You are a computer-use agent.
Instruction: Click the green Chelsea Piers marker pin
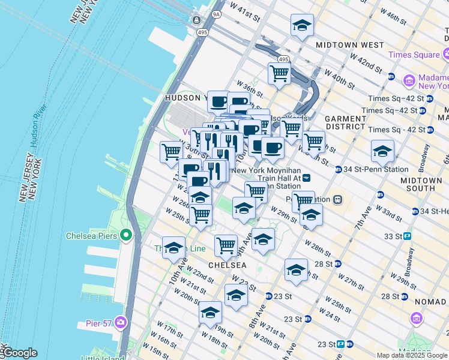[x=125, y=235]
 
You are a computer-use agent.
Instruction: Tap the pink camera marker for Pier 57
[x=121, y=323]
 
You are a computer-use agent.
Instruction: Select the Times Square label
[x=414, y=55]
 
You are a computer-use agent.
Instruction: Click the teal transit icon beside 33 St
[x=407, y=236]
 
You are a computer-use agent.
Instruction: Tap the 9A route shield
[x=216, y=13]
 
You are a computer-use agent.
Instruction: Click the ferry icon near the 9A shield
[x=197, y=20]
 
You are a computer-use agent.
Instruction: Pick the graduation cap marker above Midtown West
[x=302, y=26]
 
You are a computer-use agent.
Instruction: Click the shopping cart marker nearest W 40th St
[x=279, y=73]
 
